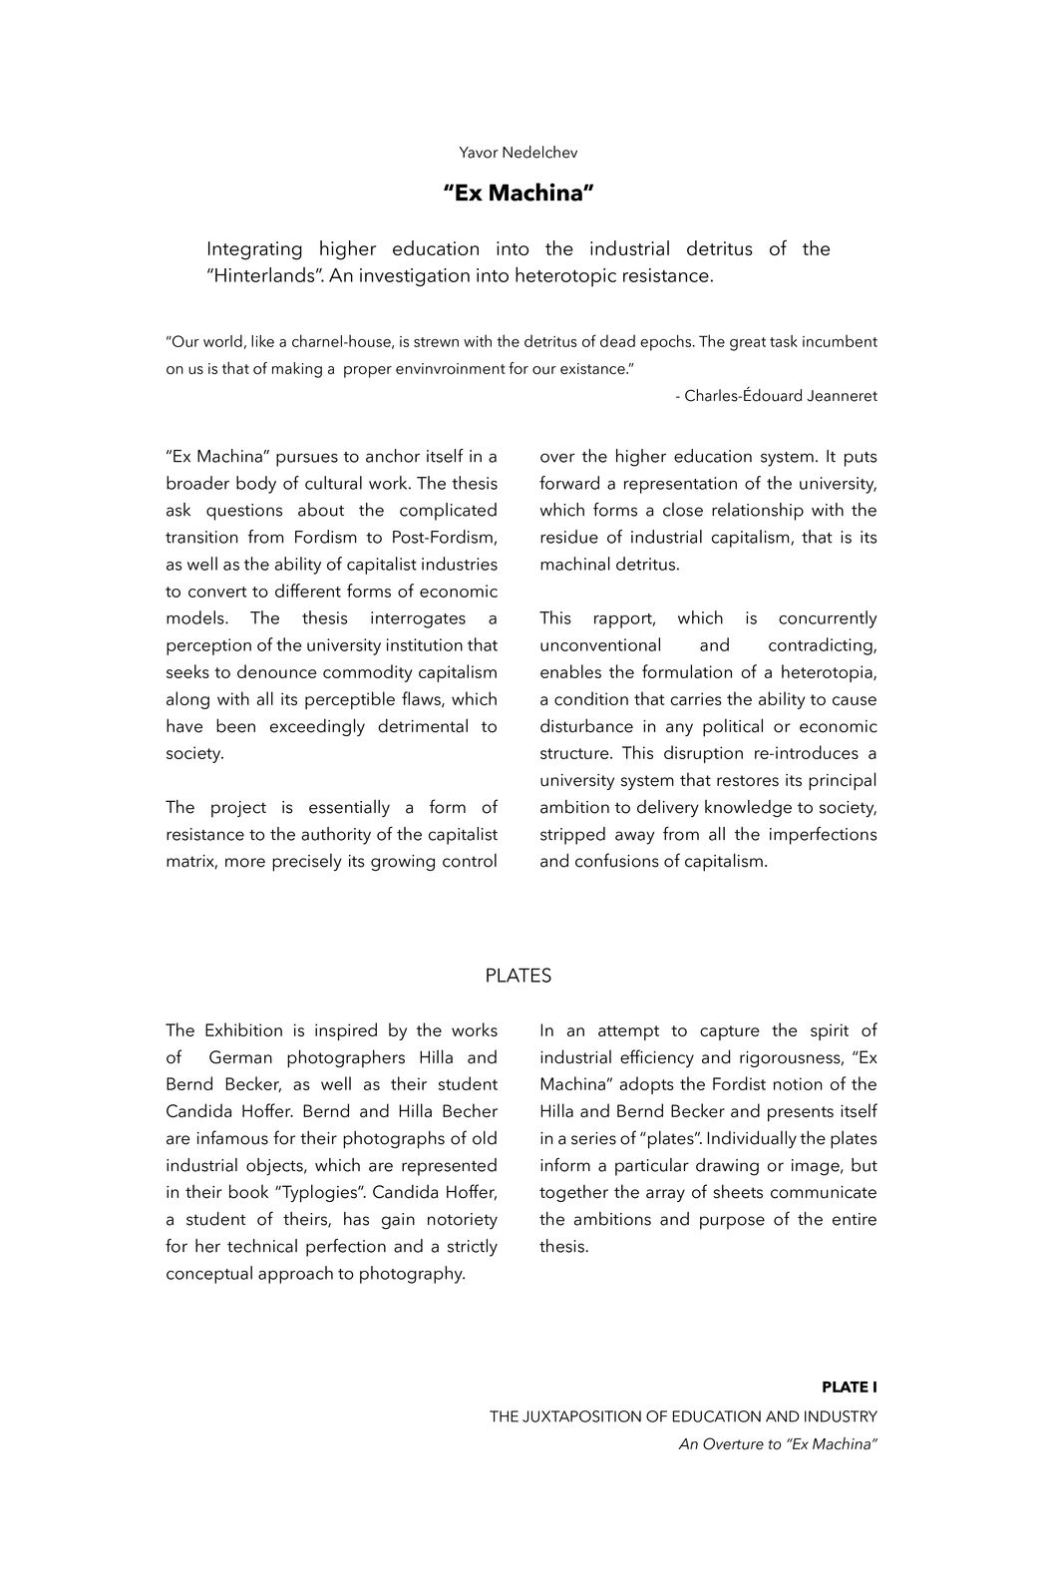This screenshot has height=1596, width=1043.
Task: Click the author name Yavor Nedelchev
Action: [518, 153]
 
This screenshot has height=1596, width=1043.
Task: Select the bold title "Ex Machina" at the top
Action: [519, 193]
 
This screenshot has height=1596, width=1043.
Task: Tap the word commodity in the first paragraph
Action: [358, 672]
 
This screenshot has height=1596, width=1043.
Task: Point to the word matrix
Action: [190, 861]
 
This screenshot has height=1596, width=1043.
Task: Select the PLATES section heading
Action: [518, 976]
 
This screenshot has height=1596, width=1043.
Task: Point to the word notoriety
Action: [452, 1219]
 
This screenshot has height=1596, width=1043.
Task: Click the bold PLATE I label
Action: [849, 1388]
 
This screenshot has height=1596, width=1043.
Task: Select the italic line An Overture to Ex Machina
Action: [778, 1444]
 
